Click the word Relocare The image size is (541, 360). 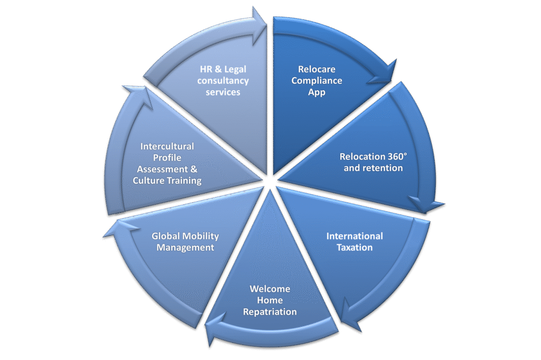coord(316,69)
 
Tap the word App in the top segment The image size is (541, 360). coord(317,92)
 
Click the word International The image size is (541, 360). coord(355,235)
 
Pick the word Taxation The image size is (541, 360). coord(355,247)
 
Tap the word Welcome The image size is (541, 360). coord(270,289)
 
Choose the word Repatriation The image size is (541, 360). coord(270,311)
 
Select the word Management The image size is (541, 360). coord(185,247)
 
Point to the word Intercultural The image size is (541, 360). coord(167,146)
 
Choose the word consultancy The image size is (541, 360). coord(223,81)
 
